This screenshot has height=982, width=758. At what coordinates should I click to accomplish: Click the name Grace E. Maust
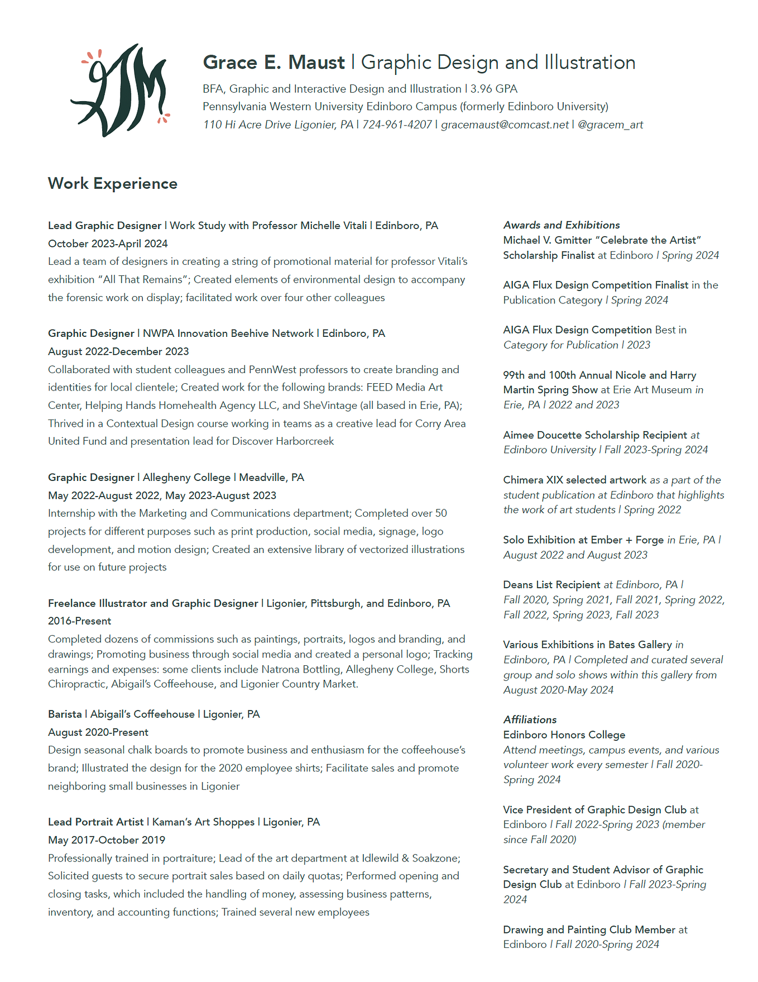[274, 63]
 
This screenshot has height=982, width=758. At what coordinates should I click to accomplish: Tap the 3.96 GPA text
[493, 89]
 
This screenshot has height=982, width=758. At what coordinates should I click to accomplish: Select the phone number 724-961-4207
[397, 125]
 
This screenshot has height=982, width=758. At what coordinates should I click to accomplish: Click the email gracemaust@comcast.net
[505, 125]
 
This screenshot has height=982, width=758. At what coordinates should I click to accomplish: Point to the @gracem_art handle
[610, 125]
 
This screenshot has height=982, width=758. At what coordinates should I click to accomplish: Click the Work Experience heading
[113, 183]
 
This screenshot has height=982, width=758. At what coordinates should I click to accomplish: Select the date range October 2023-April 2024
[108, 244]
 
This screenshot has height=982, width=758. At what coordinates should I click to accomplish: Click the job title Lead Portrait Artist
[95, 822]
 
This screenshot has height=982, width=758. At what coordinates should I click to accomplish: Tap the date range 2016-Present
[79, 621]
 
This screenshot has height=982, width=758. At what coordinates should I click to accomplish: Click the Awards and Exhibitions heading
[561, 225]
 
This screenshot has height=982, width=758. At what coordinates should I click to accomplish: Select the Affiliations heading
[530, 719]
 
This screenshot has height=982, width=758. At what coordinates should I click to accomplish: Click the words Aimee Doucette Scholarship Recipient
[595, 435]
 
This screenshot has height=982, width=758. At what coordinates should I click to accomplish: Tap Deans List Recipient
[551, 584]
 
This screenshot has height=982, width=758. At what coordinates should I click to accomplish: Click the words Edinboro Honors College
[564, 735]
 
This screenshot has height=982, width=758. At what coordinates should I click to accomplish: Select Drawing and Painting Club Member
[589, 929]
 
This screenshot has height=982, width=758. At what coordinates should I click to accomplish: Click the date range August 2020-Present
[98, 732]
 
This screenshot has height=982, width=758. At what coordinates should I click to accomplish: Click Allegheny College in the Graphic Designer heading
[186, 477]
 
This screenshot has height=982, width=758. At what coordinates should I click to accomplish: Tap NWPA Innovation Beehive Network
[228, 333]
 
